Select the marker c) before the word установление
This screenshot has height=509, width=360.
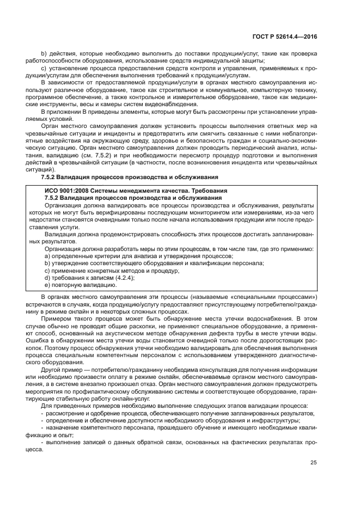(x=44, y=69)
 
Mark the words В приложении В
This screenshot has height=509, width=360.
(x=64, y=112)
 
